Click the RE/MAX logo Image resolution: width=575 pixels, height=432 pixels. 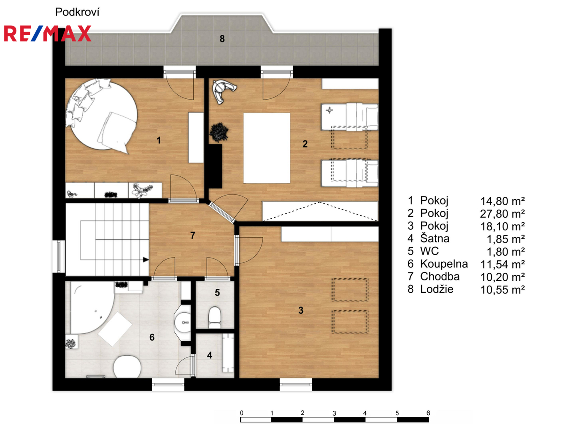[48, 34]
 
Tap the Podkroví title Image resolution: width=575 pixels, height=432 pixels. [77, 12]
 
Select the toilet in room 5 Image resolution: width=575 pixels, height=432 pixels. [214, 317]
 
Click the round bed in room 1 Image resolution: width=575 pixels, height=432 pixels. [102, 116]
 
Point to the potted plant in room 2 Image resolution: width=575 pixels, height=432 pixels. [219, 132]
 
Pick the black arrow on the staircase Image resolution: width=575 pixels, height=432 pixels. [146, 260]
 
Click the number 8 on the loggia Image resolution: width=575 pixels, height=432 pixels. [222, 39]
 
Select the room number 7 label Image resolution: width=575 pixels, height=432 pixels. [192, 235]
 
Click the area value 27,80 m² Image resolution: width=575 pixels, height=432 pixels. [502, 214]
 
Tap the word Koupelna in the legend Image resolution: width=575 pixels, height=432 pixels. [444, 264]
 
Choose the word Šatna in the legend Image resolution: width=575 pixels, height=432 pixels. [434, 238]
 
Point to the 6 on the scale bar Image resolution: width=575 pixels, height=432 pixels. [428, 413]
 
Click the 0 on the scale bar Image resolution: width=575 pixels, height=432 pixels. [242, 413]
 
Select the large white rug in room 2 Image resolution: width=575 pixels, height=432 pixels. [267, 148]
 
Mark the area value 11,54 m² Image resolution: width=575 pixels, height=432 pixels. [502, 264]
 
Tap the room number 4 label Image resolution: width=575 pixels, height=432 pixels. [209, 355]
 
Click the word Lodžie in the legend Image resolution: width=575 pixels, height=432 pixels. [437, 289]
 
